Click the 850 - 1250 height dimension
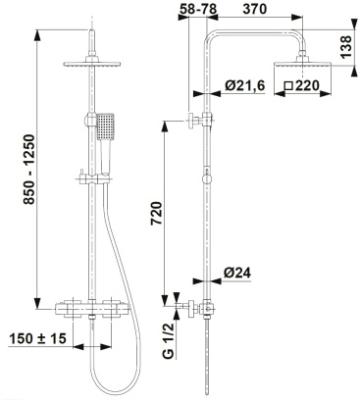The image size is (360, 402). (x=28, y=170)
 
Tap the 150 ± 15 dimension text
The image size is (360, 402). (x=37, y=339)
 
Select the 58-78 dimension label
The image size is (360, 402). (x=198, y=9)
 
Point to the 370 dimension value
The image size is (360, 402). (x=255, y=9)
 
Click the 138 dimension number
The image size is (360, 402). (x=345, y=47)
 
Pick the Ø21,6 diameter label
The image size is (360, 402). (x=244, y=85)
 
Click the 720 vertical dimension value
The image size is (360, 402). (x=157, y=214)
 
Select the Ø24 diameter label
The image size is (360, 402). (x=237, y=273)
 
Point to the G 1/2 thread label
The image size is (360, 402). (x=168, y=340)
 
